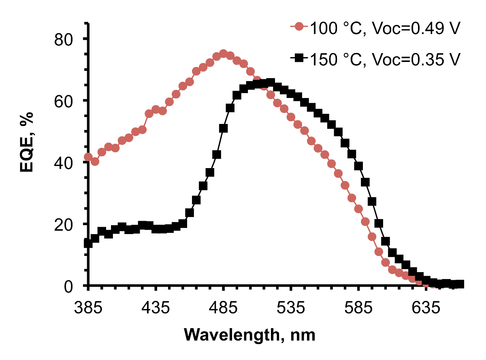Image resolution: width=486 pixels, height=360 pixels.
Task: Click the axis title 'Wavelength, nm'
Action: point(249,335)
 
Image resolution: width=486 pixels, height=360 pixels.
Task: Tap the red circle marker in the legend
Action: point(299,28)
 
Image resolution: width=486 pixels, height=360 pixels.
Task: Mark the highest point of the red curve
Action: point(223,53)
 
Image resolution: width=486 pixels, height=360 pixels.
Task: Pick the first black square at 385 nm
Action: point(88,243)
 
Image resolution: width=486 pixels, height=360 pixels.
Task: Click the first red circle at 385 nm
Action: point(88,157)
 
